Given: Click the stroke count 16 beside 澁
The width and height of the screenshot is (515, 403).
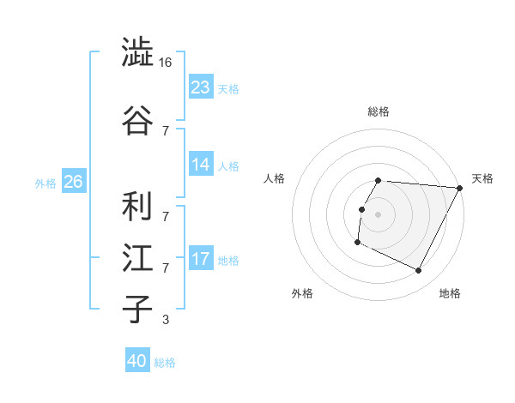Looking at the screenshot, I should [x=167, y=63].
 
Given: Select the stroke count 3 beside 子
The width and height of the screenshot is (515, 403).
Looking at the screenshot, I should [x=165, y=320].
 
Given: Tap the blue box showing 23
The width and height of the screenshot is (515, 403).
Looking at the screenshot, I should [x=201, y=87].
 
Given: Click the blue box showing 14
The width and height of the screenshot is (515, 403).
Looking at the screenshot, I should [x=201, y=165].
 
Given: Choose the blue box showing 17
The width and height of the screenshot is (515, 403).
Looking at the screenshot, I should [x=201, y=258].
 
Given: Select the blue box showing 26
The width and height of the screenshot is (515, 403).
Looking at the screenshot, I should [x=73, y=182].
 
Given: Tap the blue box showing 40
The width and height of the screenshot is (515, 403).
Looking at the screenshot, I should [x=136, y=361].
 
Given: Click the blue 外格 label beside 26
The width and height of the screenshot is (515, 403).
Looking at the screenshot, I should [x=45, y=183].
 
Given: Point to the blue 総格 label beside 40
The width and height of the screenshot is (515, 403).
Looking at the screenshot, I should [x=165, y=363].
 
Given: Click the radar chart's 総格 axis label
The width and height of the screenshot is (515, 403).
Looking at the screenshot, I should [x=379, y=111].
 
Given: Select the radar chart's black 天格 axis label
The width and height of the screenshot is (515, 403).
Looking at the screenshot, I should [x=482, y=178].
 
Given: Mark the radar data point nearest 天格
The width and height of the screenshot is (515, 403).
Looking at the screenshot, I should [x=460, y=188].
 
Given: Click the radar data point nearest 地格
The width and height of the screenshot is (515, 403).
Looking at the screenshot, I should [x=419, y=271].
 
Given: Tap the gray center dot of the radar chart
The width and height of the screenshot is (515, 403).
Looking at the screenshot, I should [x=379, y=214].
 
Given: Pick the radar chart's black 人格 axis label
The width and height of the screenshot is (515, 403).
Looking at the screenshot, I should [x=275, y=178].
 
